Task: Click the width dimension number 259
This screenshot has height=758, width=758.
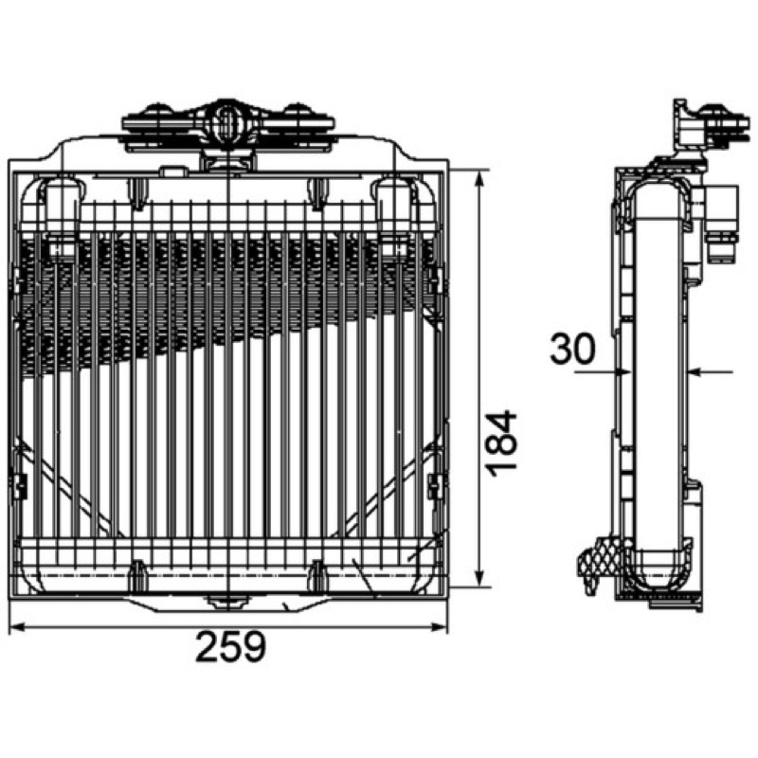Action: (x=230, y=646)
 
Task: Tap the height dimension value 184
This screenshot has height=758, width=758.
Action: (x=501, y=443)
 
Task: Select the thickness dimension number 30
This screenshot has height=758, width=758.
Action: (x=572, y=349)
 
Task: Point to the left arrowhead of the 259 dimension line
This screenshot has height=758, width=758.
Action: (x=17, y=627)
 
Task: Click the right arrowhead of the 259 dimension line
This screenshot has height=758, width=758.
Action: (x=440, y=627)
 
